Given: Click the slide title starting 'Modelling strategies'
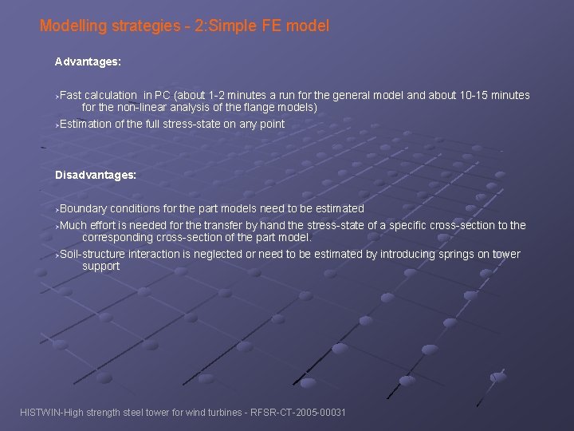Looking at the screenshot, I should (184, 26).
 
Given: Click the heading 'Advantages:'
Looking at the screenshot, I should (88, 61).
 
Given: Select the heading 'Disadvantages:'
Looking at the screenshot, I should (96, 174).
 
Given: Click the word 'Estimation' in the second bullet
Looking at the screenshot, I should (85, 124).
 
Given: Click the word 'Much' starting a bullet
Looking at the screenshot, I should (73, 225).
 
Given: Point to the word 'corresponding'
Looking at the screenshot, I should (116, 237).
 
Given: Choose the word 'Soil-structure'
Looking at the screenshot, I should (92, 254).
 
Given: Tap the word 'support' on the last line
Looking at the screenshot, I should (101, 266).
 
